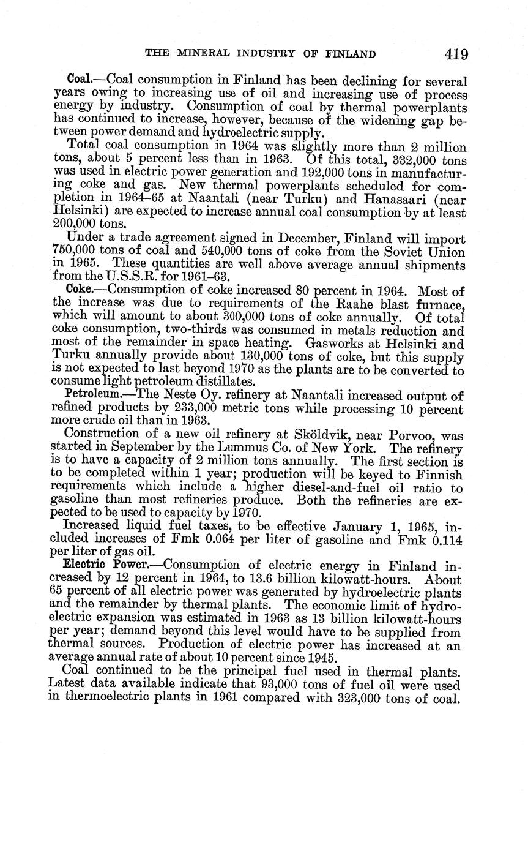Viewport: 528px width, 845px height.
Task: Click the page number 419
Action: (456, 54)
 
